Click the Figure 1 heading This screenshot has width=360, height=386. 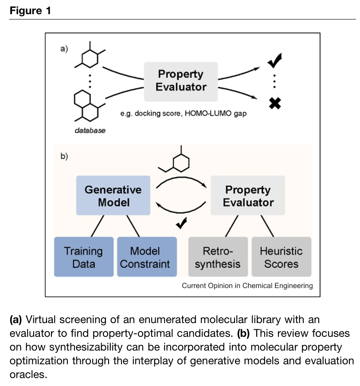(x=30, y=11)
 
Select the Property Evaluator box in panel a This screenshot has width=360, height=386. (x=181, y=81)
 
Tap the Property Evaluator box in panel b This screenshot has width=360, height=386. (x=248, y=196)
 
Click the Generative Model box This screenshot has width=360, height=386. (x=113, y=196)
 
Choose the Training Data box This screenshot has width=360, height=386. (x=83, y=257)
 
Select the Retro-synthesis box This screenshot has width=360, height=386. (x=218, y=257)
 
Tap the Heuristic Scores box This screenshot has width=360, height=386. (x=281, y=257)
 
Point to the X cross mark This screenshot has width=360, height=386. (x=275, y=103)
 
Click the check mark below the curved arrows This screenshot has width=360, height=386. (x=181, y=224)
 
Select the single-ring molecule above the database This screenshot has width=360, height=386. (x=90, y=57)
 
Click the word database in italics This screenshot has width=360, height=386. (x=90, y=131)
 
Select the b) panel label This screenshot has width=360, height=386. (x=64, y=156)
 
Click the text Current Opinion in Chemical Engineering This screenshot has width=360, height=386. (x=247, y=286)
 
